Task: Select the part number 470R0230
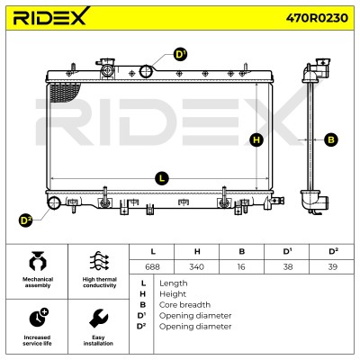tap(317, 18)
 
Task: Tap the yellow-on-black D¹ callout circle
tap(180, 55)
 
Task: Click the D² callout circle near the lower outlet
tap(25, 220)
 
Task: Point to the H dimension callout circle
tap(256, 139)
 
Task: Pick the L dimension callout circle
tap(162, 178)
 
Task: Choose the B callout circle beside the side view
tap(331, 139)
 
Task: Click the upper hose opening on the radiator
tap(147, 71)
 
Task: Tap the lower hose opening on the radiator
tap(54, 202)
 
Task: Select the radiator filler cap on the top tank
tap(106, 67)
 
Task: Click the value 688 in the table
tap(152, 266)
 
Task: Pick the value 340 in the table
tap(197, 266)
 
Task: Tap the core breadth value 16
tap(241, 266)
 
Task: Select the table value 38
tap(288, 266)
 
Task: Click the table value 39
tap(333, 266)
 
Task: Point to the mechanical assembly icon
tap(38, 262)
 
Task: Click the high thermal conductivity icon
tap(99, 261)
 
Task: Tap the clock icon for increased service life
tap(39, 318)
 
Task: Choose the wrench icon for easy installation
tap(98, 319)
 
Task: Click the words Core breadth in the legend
tap(184, 305)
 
